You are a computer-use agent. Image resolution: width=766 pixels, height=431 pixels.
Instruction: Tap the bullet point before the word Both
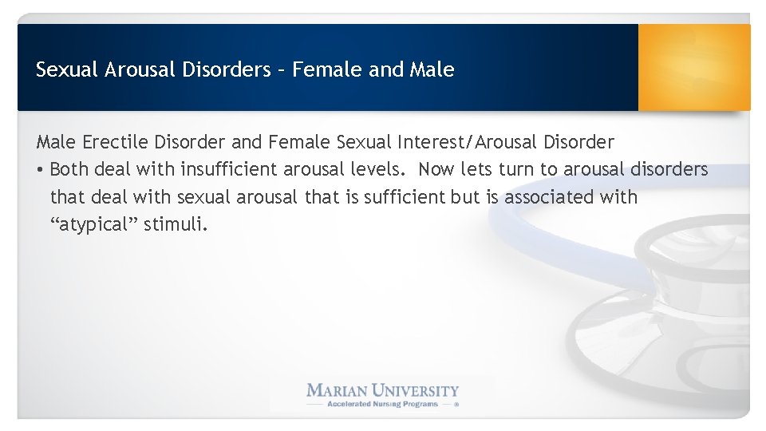(x=40, y=170)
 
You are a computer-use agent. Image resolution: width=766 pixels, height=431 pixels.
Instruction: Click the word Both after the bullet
(x=69, y=169)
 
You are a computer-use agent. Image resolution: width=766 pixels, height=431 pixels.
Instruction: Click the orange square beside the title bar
(x=694, y=67)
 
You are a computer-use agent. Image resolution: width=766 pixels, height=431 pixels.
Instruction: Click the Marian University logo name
(x=383, y=391)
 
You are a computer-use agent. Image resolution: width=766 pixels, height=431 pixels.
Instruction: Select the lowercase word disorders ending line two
(x=669, y=169)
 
